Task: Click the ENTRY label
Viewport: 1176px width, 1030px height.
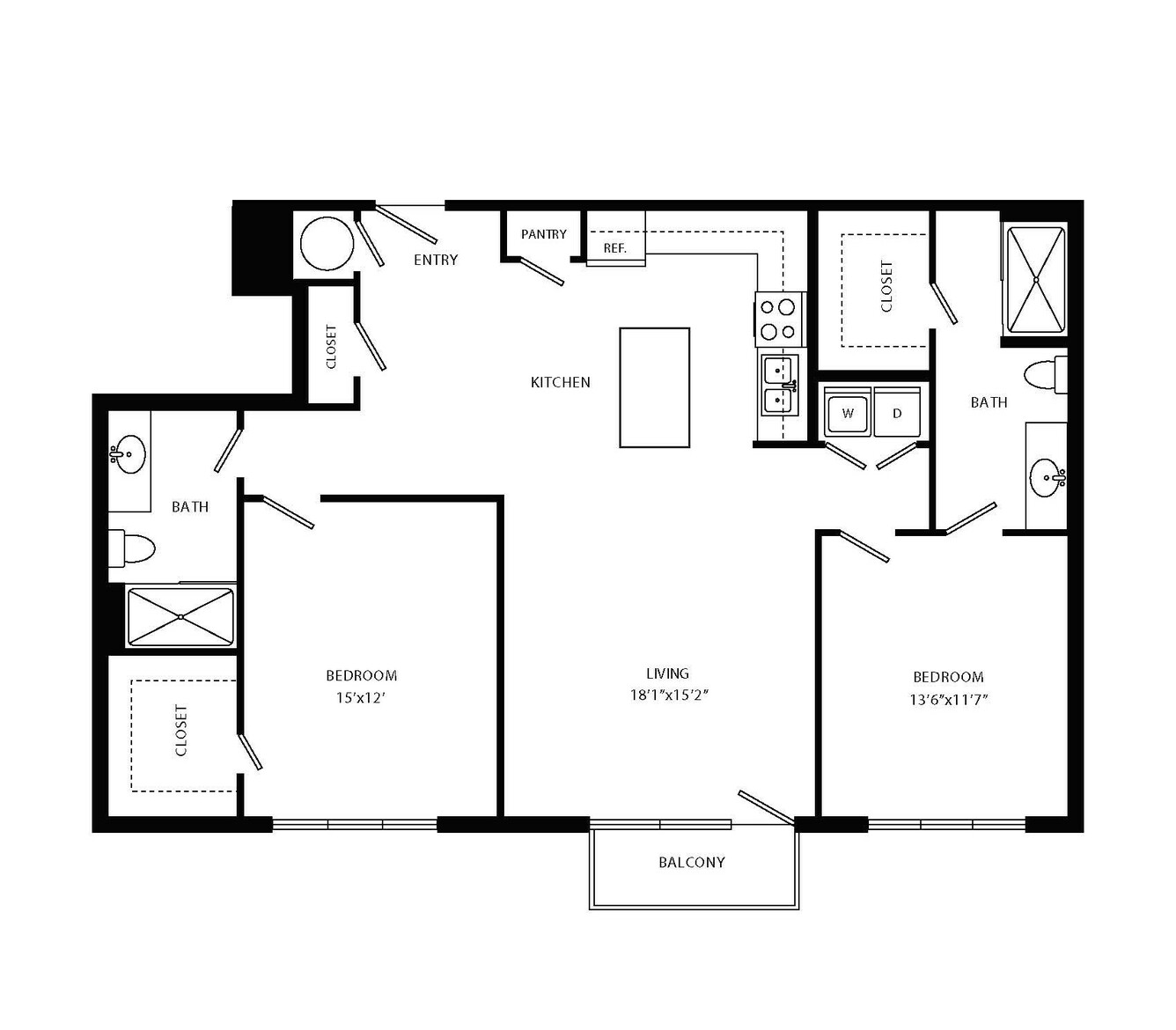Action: pyautogui.click(x=436, y=260)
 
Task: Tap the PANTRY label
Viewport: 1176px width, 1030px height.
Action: pyautogui.click(x=543, y=234)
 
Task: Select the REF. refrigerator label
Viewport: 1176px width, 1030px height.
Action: pyautogui.click(x=614, y=248)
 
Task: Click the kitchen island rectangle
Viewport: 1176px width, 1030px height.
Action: pyautogui.click(x=654, y=387)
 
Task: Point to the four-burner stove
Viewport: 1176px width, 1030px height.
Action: pyautogui.click(x=779, y=320)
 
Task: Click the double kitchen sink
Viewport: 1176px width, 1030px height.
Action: pyautogui.click(x=780, y=385)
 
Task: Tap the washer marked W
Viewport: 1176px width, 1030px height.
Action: pyautogui.click(x=847, y=412)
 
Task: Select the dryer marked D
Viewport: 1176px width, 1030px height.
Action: pyautogui.click(x=897, y=412)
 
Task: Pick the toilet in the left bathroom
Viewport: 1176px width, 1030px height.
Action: pyautogui.click(x=132, y=549)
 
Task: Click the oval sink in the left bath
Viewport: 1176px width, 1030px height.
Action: pyautogui.click(x=128, y=454)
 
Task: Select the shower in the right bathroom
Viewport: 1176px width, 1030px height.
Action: pyautogui.click(x=1036, y=280)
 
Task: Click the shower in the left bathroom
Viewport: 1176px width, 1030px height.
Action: pyautogui.click(x=180, y=617)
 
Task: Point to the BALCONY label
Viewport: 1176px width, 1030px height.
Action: pyautogui.click(x=692, y=862)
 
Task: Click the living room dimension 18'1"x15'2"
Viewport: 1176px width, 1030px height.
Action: pyautogui.click(x=669, y=695)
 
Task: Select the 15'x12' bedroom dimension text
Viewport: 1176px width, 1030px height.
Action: pyautogui.click(x=360, y=698)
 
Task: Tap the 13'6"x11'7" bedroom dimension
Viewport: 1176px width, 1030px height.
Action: pyautogui.click(x=948, y=700)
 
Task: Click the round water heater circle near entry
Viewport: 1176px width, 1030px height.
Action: pyautogui.click(x=327, y=244)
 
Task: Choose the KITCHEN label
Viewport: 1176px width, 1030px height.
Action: pyautogui.click(x=561, y=382)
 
